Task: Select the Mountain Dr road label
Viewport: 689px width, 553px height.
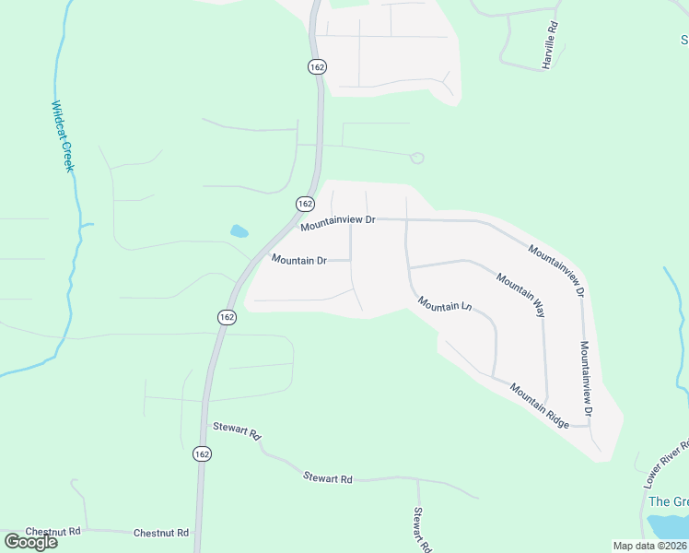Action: click(x=298, y=261)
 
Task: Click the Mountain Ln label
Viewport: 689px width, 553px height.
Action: click(x=444, y=303)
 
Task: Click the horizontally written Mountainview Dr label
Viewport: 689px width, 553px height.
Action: click(x=338, y=221)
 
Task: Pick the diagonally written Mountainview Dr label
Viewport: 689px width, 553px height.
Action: click(x=556, y=270)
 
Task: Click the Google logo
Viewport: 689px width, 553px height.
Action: click(x=31, y=541)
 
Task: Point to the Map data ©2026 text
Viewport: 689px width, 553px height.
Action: click(x=649, y=546)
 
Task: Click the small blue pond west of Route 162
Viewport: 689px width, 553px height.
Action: click(x=239, y=231)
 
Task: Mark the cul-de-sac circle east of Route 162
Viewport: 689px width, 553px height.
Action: click(x=416, y=159)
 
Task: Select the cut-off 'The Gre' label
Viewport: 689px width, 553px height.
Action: click(x=668, y=501)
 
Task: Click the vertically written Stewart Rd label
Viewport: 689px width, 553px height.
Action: click(x=421, y=529)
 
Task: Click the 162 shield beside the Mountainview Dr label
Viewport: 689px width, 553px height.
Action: click(x=305, y=203)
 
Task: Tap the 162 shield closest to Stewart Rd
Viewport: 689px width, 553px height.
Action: click(x=202, y=453)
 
